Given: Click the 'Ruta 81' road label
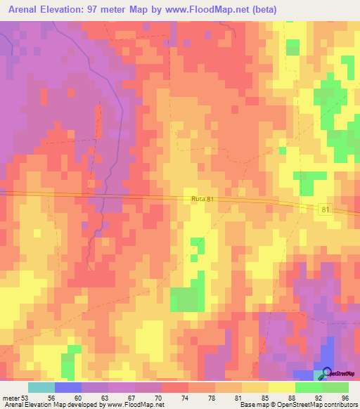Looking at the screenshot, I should point(202,200).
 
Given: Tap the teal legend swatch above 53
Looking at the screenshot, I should point(41,387).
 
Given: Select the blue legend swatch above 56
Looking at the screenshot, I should point(67,387).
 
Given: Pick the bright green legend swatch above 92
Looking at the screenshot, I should point(308,387).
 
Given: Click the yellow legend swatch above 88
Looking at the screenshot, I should point(281,387).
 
